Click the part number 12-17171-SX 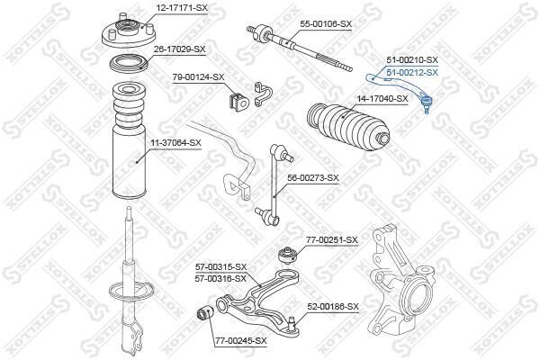pos(182,7)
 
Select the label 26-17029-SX pos(179,49)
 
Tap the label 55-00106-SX pos(326,24)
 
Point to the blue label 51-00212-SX pos(412,73)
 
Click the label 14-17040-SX pos(382,99)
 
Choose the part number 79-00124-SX pos(198,77)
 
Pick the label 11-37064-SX pos(175,142)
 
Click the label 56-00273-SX pos(313,178)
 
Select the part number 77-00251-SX pos(332,239)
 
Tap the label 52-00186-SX pos(333,307)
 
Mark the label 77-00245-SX pos(241,341)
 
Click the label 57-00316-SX pos(220,278)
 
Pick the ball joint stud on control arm pos(292,324)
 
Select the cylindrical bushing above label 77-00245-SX pos(205,314)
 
